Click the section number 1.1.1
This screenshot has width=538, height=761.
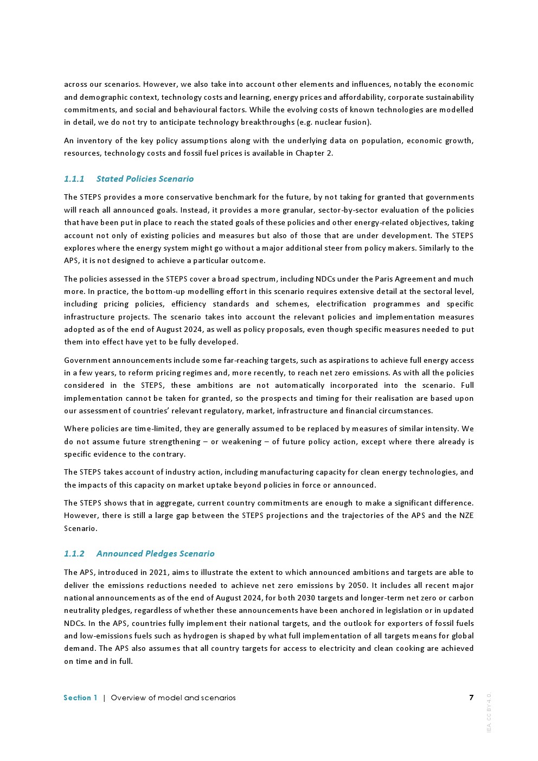tap(74, 179)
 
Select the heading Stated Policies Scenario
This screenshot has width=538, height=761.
tap(145, 179)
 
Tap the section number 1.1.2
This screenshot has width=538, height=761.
tap(74, 554)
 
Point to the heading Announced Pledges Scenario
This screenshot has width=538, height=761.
tap(155, 554)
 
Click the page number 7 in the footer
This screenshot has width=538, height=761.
tap(471, 698)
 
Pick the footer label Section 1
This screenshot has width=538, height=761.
tap(80, 698)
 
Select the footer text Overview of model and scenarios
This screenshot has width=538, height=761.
tap(173, 698)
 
